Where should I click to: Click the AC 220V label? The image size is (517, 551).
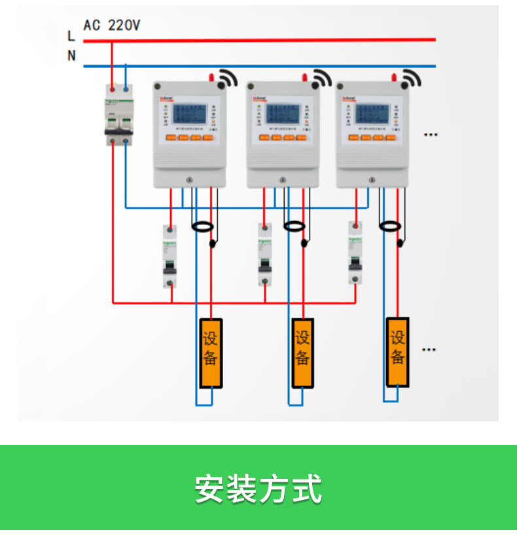[111, 26]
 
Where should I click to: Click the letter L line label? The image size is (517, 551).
[71, 36]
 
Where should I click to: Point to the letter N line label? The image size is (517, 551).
[71, 56]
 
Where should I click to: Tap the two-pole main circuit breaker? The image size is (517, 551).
[119, 116]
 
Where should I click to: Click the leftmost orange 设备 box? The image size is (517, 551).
[211, 353]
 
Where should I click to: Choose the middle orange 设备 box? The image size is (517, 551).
[302, 353]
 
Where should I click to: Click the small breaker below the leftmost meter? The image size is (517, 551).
[170, 257]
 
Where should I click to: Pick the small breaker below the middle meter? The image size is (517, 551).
[264, 255]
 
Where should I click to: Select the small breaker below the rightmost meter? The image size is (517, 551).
[355, 253]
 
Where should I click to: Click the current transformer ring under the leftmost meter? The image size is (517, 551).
[202, 227]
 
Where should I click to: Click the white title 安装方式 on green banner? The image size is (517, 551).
[258, 488]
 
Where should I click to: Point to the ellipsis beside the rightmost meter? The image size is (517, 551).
[430, 134]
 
